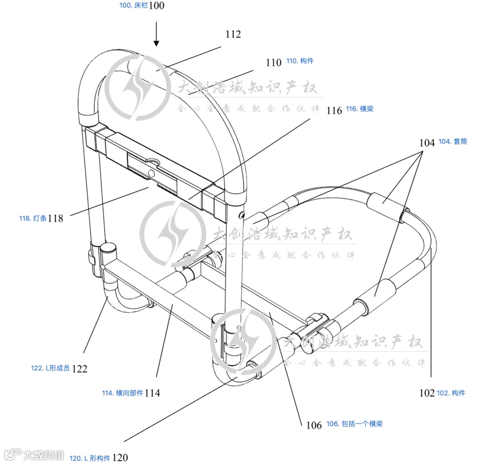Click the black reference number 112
tap(233, 34)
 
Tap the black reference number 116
tap(334, 110)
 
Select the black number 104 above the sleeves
tap(427, 143)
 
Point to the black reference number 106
tap(314, 425)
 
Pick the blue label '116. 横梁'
tap(359, 109)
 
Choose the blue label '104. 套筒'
tap(452, 141)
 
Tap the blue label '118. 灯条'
tap(33, 218)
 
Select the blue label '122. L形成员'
tap(50, 368)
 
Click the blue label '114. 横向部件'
tap(122, 392)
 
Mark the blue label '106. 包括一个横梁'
tap(354, 424)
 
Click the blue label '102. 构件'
tap(451, 393)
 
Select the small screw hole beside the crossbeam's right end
tap(242, 214)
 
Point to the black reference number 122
tap(79, 369)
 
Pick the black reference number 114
tap(152, 393)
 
